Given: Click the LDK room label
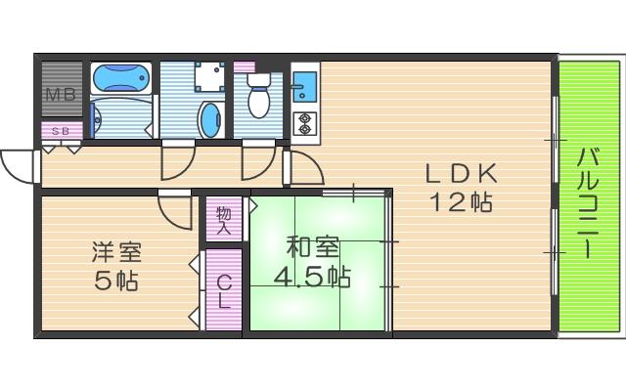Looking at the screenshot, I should (x=462, y=174).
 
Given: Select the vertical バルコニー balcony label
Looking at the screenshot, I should (x=588, y=202).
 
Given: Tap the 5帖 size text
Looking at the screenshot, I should (x=117, y=282).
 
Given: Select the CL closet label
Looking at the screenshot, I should (x=224, y=291).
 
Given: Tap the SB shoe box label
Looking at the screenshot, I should (x=60, y=130).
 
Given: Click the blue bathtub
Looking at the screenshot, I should (x=121, y=78).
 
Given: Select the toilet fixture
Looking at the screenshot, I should (x=259, y=98).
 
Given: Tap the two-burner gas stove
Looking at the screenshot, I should (x=303, y=122).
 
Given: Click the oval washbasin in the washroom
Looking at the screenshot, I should (x=210, y=118).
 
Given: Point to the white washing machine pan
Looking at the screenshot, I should (x=206, y=77).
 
